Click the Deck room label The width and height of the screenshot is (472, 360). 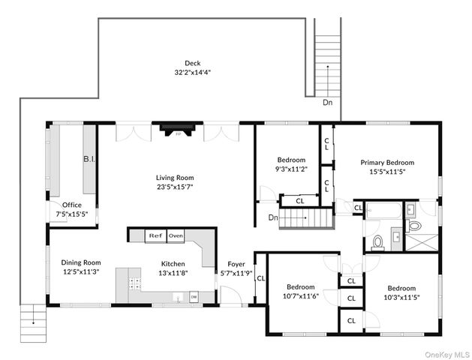click(192, 63)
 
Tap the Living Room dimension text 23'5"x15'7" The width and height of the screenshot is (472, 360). click(175, 187)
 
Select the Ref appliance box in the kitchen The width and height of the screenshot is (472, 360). click(155, 235)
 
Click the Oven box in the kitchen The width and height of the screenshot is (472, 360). click(176, 235)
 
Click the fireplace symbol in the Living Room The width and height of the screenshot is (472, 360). click(178, 130)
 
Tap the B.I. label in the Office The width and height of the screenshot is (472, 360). click(89, 159)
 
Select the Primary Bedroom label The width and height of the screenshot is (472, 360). click(387, 163)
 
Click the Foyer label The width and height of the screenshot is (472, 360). click(236, 264)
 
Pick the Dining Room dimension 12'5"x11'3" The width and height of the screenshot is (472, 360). click(81, 271)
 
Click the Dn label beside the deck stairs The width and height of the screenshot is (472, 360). click(327, 102)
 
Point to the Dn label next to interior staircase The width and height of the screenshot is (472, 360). click(273, 217)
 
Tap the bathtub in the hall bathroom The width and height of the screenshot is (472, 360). click(383, 210)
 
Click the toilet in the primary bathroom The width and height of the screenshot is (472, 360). click(416, 226)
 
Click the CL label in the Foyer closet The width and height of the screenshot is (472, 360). click(260, 278)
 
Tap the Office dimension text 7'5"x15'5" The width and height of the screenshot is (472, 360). click(72, 214)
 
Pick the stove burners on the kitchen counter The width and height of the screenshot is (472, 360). click(134, 283)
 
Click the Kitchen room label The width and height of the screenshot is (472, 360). click(173, 264)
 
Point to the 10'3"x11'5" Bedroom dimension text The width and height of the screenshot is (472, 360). click(402, 298)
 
